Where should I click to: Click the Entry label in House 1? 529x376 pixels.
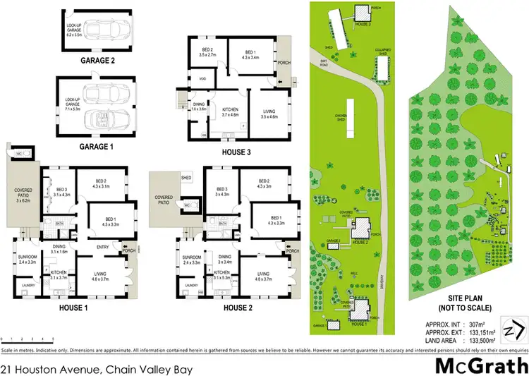104,247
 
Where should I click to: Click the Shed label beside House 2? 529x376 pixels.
186,178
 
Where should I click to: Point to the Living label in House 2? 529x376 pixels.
263,273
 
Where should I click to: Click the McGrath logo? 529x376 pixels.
480,366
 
